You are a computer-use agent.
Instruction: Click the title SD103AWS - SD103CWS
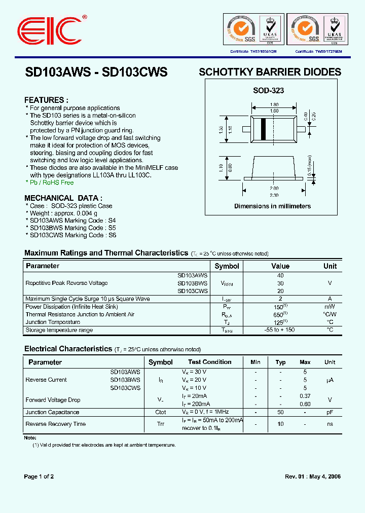(x=96, y=72)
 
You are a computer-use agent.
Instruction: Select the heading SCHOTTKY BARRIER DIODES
(x=270, y=72)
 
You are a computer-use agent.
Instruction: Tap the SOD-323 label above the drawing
(x=269, y=91)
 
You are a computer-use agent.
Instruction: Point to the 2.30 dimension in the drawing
(x=274, y=195)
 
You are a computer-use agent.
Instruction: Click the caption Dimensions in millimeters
(x=272, y=206)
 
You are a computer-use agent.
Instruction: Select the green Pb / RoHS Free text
(x=50, y=182)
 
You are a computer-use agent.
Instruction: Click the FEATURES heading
(x=46, y=100)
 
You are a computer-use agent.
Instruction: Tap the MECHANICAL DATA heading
(x=63, y=198)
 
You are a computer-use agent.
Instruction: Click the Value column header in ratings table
(x=280, y=266)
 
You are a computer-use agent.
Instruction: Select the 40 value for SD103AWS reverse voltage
(x=280, y=275)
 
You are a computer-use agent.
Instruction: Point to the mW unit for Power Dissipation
(x=330, y=307)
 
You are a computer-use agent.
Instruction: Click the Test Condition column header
(x=210, y=362)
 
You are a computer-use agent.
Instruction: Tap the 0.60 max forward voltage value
(x=305, y=404)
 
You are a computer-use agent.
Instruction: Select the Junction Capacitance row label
(x=52, y=412)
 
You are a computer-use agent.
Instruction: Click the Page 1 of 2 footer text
(x=39, y=477)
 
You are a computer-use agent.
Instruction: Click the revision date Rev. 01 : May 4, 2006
(x=313, y=477)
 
